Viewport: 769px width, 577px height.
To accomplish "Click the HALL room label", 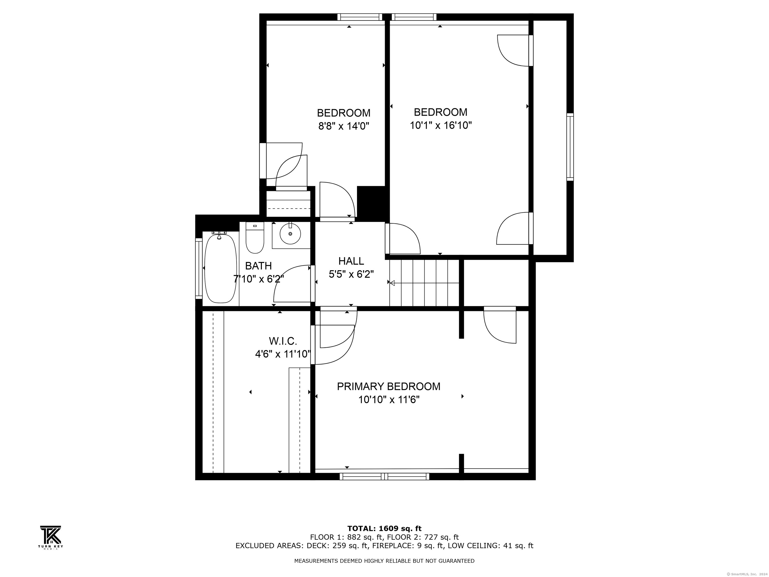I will tap(351, 261).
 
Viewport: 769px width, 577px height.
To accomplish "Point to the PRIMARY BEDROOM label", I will tap(388, 386).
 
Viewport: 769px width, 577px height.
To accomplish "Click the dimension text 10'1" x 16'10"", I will tap(441, 125).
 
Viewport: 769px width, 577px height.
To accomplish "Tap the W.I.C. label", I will tap(283, 341).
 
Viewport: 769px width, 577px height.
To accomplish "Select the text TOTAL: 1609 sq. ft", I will tap(384, 529).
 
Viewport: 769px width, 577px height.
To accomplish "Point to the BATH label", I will tap(258, 266).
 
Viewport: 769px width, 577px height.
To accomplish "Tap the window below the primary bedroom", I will tap(384, 477).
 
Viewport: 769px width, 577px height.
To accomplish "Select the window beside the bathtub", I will tap(199, 268).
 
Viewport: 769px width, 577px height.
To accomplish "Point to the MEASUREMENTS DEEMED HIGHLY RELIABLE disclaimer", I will tap(384, 561).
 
